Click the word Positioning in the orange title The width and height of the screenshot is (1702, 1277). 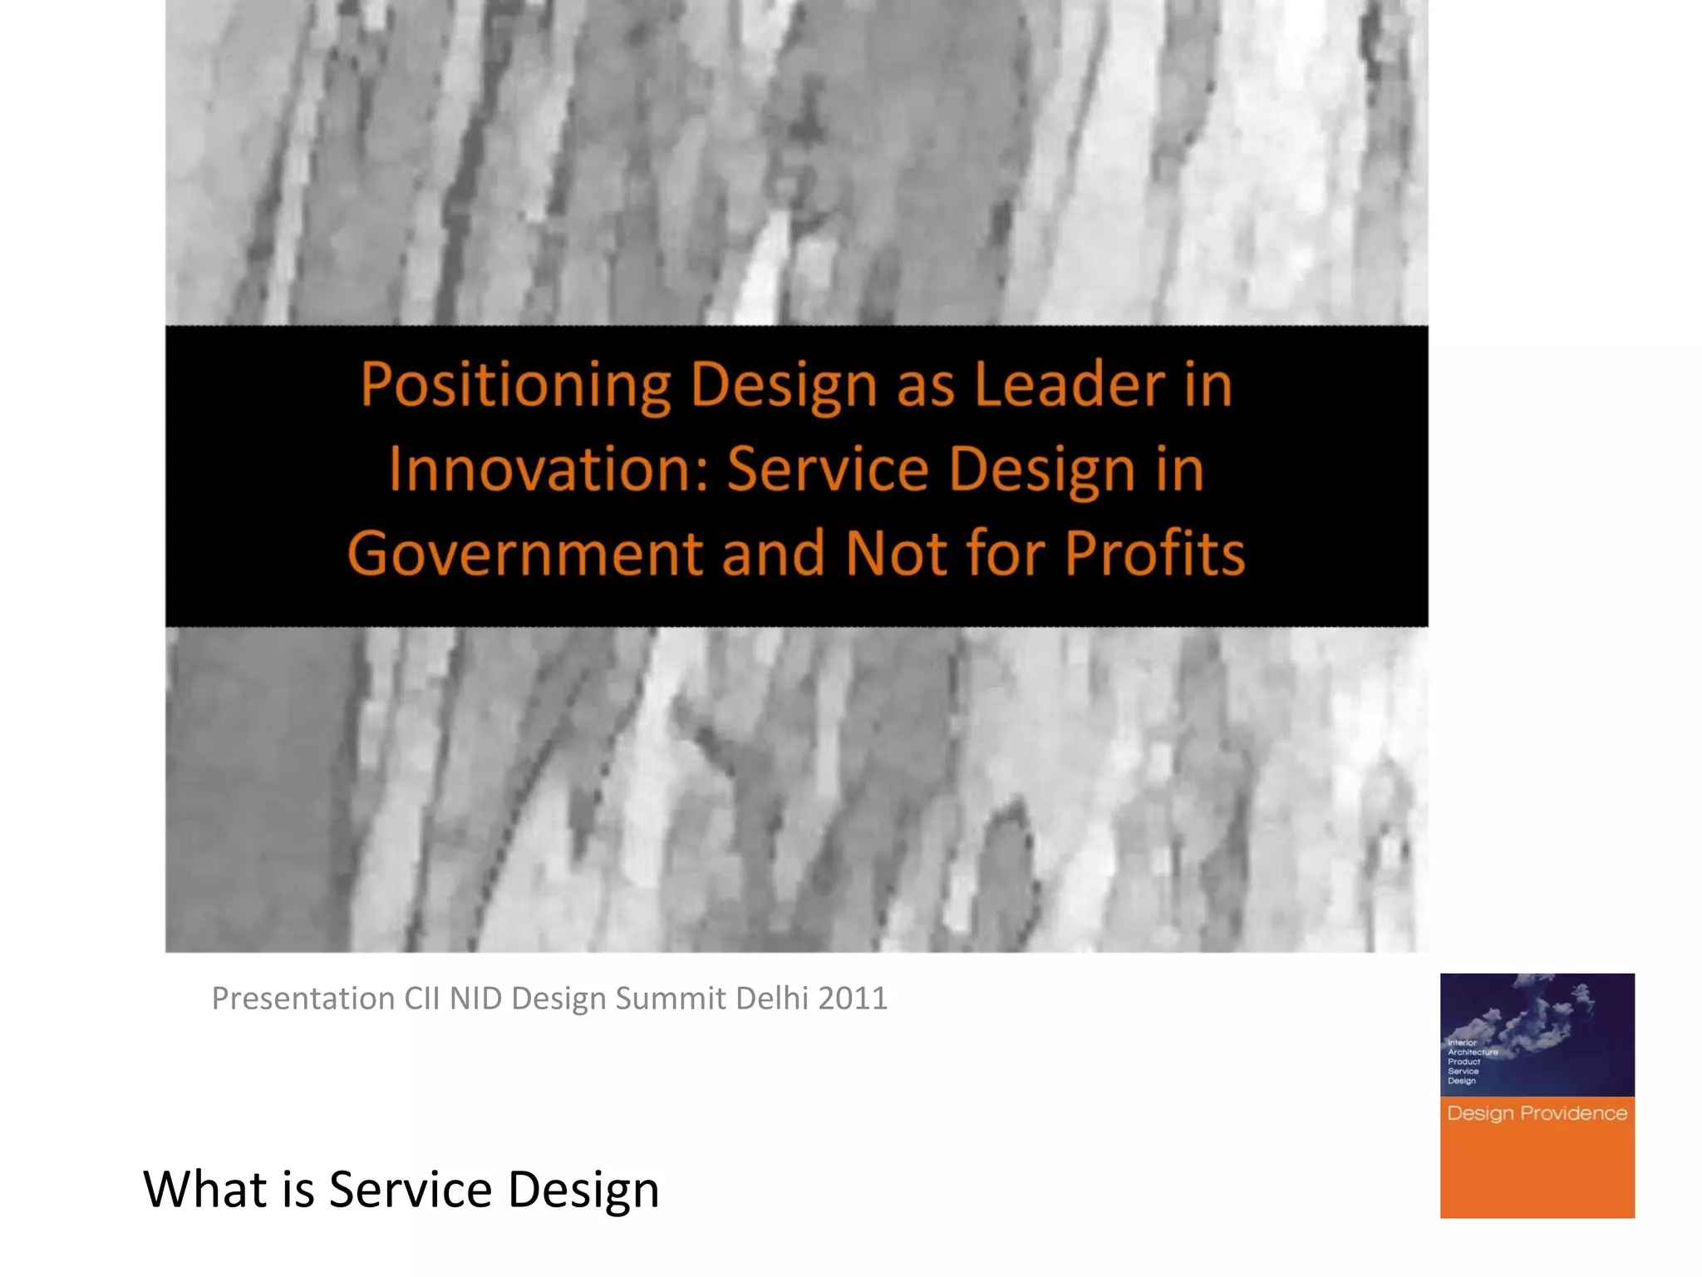point(515,387)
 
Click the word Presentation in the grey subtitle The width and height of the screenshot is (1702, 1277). point(303,998)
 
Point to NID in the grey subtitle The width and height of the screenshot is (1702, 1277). point(475,998)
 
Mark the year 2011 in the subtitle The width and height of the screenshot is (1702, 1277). point(853,998)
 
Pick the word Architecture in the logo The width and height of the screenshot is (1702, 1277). point(1473,1053)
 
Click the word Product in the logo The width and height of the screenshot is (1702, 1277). point(1463,1062)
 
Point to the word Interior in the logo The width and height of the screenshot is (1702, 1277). point(1462,1043)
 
